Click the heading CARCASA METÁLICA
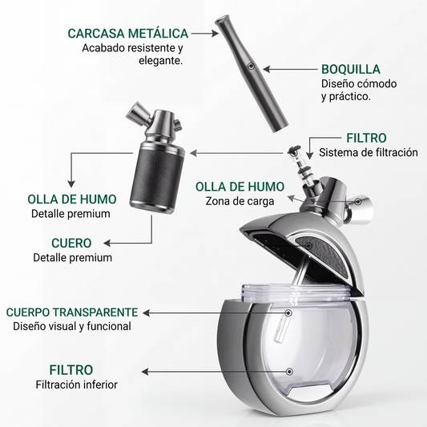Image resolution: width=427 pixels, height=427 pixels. coord(128,33)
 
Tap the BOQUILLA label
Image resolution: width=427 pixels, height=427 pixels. coord(351,69)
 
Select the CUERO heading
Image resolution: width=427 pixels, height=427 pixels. coord(71,243)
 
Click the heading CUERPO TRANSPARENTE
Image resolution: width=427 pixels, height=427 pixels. coord(72,312)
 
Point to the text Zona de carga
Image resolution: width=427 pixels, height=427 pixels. coord(240,201)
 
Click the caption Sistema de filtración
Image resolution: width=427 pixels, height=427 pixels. coord(369,152)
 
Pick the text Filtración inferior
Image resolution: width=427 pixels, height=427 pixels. coord(77,385)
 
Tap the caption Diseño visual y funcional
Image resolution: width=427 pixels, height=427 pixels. coord(72,326)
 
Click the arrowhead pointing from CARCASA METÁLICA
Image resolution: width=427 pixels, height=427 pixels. coord(216,33)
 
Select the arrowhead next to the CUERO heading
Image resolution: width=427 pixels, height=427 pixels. coord(107,243)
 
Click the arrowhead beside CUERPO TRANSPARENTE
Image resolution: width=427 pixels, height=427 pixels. coord(147,313)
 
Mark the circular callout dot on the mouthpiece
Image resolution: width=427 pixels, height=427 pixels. coord(251,66)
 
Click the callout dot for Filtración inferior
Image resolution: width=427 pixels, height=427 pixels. coord(289,372)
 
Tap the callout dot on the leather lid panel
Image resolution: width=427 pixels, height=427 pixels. coord(308,246)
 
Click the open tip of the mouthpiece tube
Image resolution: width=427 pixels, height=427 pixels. coord(221,20)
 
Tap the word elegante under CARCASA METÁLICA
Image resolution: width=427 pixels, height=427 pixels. coord(161,60)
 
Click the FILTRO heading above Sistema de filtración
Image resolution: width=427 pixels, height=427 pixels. coord(366,138)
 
